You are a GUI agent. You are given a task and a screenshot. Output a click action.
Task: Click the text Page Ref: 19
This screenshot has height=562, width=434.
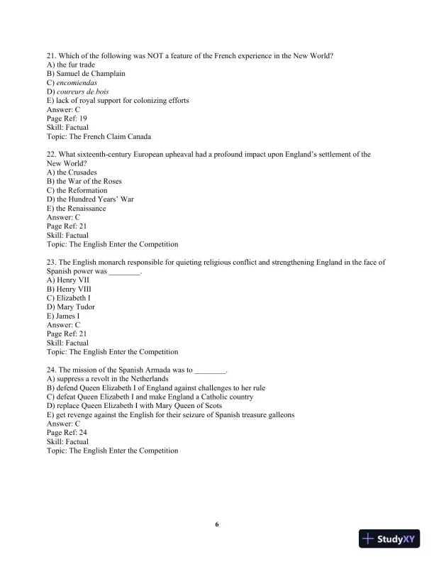pos(67,119)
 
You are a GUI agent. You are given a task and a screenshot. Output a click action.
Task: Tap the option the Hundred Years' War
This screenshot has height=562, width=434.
pos(95,199)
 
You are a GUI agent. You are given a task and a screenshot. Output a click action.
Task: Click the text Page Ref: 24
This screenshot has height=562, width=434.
pos(67,433)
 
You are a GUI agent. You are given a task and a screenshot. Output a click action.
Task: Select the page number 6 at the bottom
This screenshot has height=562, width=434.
pos(217,524)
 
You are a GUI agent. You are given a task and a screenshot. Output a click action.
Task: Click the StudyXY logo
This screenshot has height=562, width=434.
pos(389,539)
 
